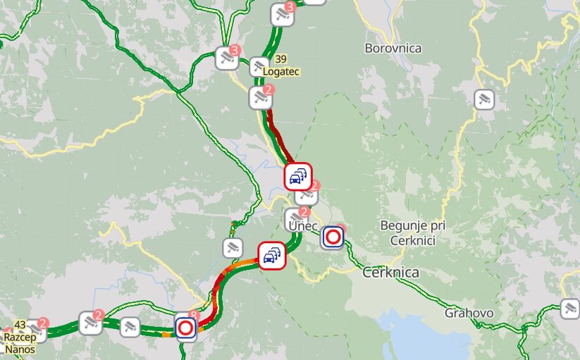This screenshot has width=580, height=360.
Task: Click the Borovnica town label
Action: click(393, 48)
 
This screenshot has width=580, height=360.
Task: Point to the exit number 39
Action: click(281, 59)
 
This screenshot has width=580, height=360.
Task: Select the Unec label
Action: click(303, 225)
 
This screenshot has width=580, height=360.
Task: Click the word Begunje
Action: click(404, 225)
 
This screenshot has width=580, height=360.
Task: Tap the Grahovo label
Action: click(469, 313)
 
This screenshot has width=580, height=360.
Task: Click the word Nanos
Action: click(20, 348)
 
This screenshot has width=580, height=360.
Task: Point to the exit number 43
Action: click(20, 325)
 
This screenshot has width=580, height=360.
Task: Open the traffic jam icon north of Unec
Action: click(298, 176)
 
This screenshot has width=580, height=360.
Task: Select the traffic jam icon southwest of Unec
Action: click(271, 255)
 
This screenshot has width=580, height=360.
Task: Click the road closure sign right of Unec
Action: click(333, 237)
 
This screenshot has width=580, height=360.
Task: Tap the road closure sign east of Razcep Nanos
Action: click(185, 328)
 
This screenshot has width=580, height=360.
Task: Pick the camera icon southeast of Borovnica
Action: click(483, 99)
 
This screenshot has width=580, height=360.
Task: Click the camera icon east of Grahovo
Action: click(569, 308)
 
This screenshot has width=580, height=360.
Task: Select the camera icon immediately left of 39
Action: click(259, 67)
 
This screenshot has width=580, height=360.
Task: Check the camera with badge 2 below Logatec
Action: click(260, 98)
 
